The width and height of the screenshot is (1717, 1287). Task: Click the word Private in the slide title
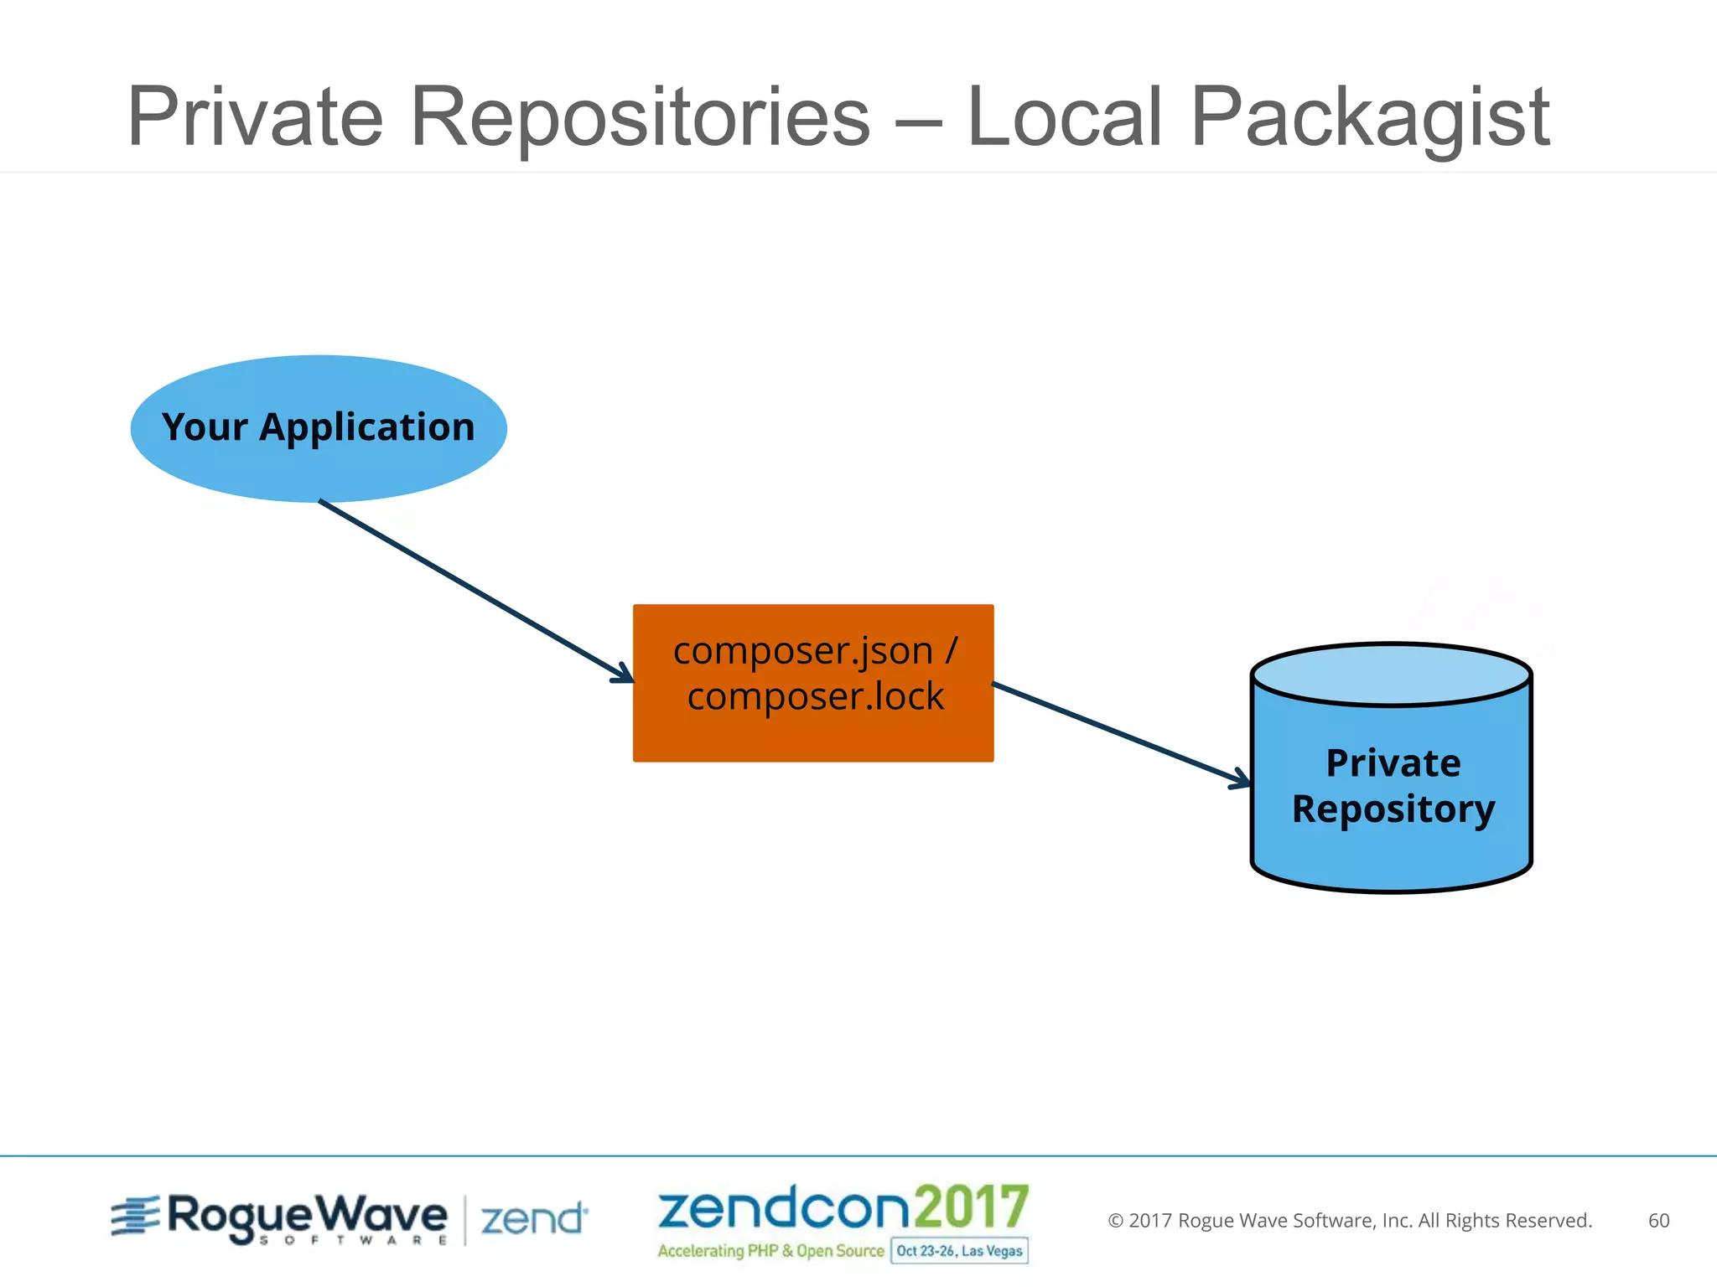pos(255,117)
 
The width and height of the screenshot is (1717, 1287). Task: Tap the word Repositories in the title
pos(641,117)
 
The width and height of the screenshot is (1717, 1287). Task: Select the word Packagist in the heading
pos(1370,117)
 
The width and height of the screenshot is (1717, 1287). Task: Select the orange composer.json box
pos(813,737)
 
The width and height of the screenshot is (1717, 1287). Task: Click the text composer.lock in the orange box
pos(815,696)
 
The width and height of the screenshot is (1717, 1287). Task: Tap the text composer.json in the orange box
pos(802,651)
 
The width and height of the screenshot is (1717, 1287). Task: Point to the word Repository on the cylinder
pos(1393,809)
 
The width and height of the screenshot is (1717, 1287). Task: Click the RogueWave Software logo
pos(281,1218)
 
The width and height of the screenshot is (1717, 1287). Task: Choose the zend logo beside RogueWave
pos(534,1219)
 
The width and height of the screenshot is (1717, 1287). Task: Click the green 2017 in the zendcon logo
pos(971,1207)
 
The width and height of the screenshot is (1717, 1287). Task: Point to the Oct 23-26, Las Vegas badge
pos(959,1251)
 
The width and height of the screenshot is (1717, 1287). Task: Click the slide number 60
pos(1658,1221)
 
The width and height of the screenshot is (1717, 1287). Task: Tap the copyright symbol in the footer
pos(1115,1221)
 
